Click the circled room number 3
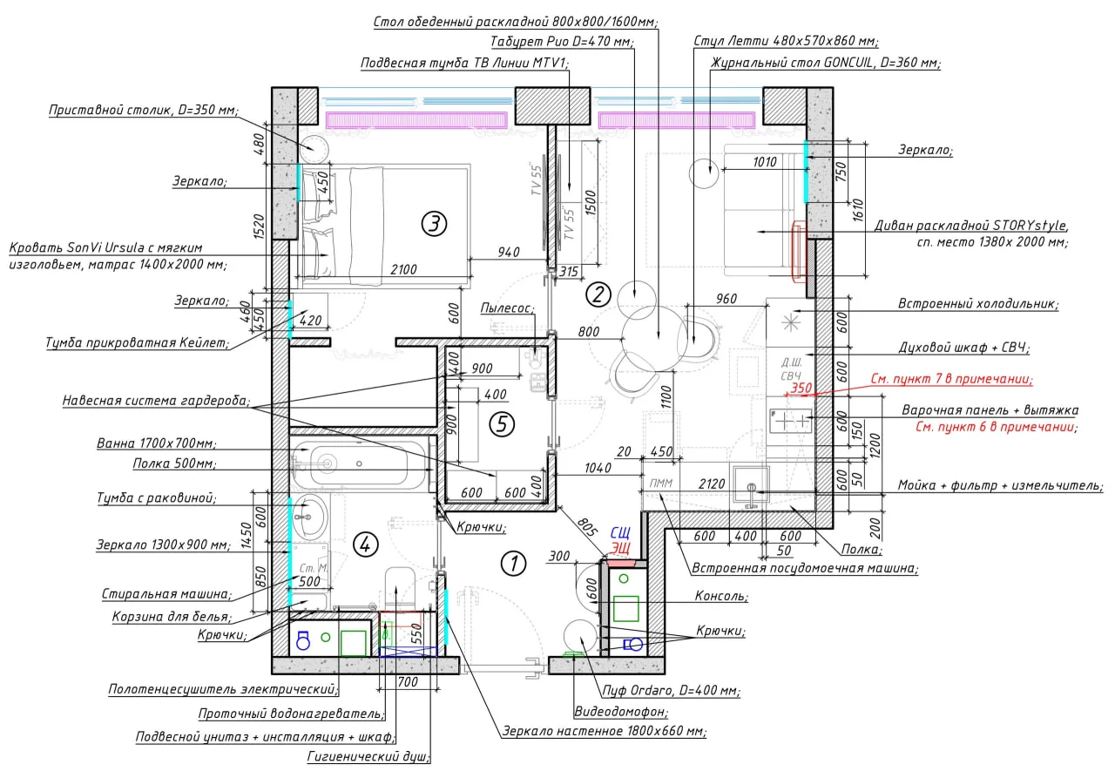click(x=434, y=224)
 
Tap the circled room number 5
click(x=501, y=424)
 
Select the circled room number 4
click(x=365, y=544)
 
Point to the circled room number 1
click(x=513, y=564)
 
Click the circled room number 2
click(x=598, y=294)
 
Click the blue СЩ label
click(x=620, y=533)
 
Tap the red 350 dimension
click(x=801, y=388)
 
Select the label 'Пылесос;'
click(x=507, y=308)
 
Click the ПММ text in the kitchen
click(x=661, y=483)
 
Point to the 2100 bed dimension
click(x=403, y=269)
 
